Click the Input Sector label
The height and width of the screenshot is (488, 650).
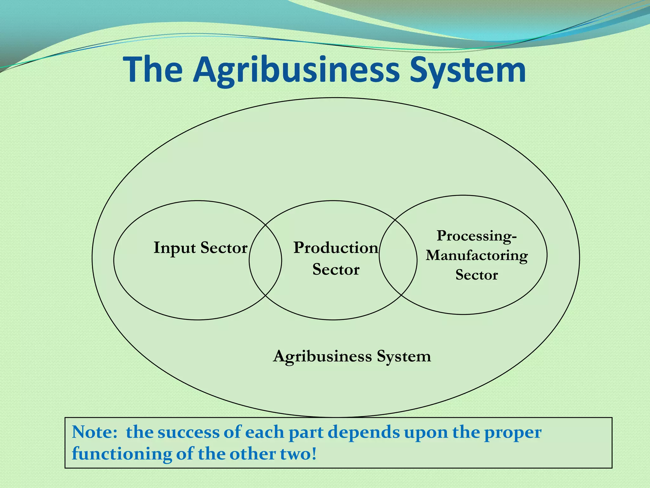tap(200, 248)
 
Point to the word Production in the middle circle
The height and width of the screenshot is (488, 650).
tap(336, 248)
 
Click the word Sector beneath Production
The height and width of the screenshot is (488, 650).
tap(336, 269)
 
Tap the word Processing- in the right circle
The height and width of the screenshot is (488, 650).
tap(477, 236)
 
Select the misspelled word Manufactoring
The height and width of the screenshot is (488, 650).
tap(477, 255)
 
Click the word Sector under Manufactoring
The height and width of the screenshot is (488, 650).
tap(477, 275)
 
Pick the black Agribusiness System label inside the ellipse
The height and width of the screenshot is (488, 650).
tap(352, 356)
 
